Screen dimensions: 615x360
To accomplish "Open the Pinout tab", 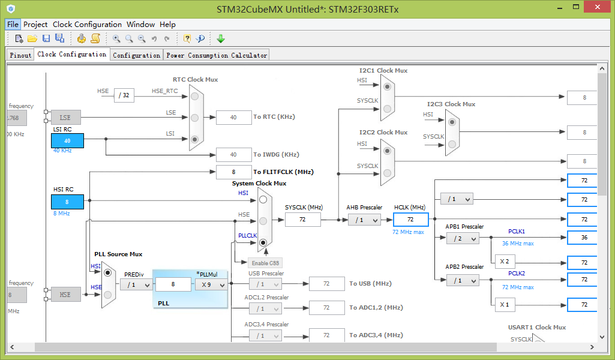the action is pyautogui.click(x=20, y=55).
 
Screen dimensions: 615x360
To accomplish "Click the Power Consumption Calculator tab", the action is pyautogui.click(x=217, y=55).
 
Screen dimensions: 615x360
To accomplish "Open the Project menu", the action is pyautogui.click(x=35, y=25).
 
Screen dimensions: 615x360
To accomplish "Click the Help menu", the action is pyautogui.click(x=167, y=25).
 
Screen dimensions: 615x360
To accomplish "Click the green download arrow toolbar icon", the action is pyautogui.click(x=221, y=38).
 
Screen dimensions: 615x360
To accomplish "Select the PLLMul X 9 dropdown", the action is pyautogui.click(x=211, y=285).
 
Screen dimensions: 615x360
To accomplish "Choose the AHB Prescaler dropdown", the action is pyautogui.click(x=364, y=220).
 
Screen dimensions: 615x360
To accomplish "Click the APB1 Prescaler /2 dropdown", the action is pyautogui.click(x=463, y=238).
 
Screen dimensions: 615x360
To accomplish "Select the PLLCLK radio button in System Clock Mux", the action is pyautogui.click(x=263, y=242).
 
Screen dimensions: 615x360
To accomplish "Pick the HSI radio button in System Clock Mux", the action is pyautogui.click(x=263, y=200).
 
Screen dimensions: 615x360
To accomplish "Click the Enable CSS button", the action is pyautogui.click(x=265, y=263).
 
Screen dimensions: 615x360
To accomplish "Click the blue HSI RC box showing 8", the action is pyautogui.click(x=67, y=202).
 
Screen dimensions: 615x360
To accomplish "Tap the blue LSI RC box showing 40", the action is pyautogui.click(x=67, y=141).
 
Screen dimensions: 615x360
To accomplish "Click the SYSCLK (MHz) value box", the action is pyautogui.click(x=302, y=220).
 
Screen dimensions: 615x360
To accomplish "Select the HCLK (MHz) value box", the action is pyautogui.click(x=410, y=220).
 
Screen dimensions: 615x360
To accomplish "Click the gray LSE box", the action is pyautogui.click(x=65, y=117).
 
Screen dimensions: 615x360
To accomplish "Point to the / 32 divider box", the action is pyautogui.click(x=124, y=95).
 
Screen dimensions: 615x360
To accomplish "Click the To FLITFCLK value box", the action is pyautogui.click(x=234, y=172).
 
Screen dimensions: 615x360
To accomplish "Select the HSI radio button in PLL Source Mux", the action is pyautogui.click(x=108, y=272).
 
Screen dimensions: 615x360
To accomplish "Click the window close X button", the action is pyautogui.click(x=598, y=7).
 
